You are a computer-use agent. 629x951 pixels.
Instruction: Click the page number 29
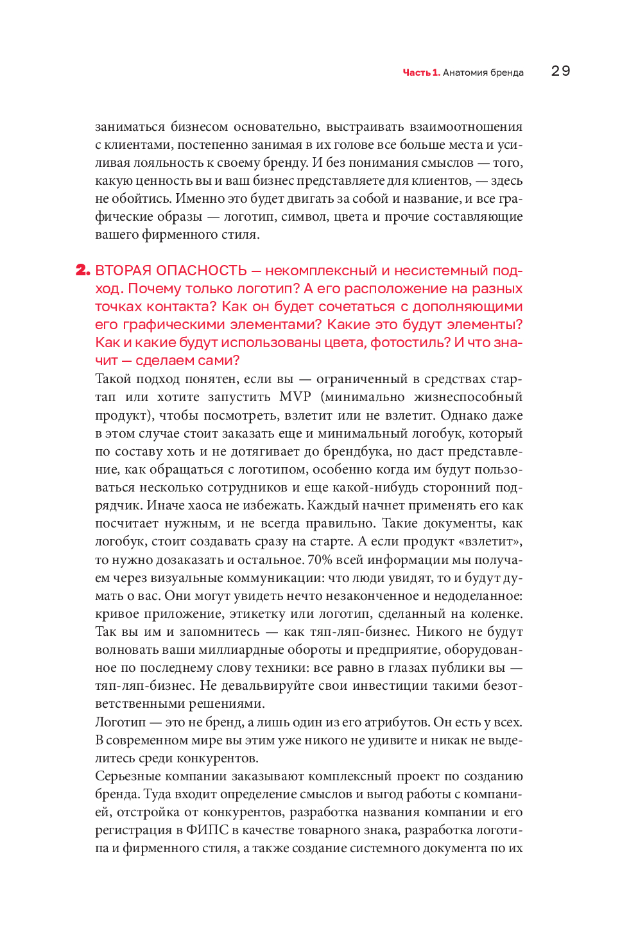(560, 71)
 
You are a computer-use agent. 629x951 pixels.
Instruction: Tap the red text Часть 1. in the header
(421, 73)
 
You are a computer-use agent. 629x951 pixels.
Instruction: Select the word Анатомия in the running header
(465, 73)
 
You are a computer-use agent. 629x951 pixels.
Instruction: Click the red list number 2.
(83, 270)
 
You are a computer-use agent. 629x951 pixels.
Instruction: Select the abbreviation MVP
(295, 397)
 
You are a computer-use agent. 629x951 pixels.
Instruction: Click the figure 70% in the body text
(320, 560)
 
